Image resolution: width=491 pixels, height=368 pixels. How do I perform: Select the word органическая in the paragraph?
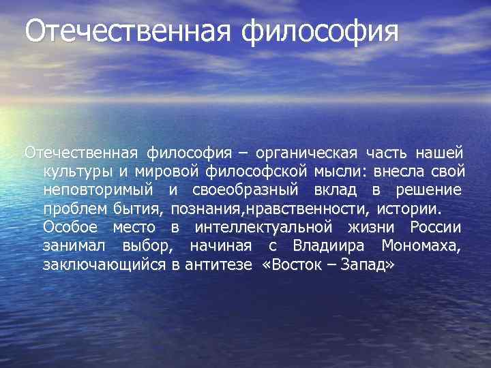pyautogui.click(x=316, y=150)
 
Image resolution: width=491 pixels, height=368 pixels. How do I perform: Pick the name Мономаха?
pyautogui.click(x=423, y=245)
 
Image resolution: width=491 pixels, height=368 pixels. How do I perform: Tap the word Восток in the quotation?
pyautogui.click(x=299, y=264)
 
